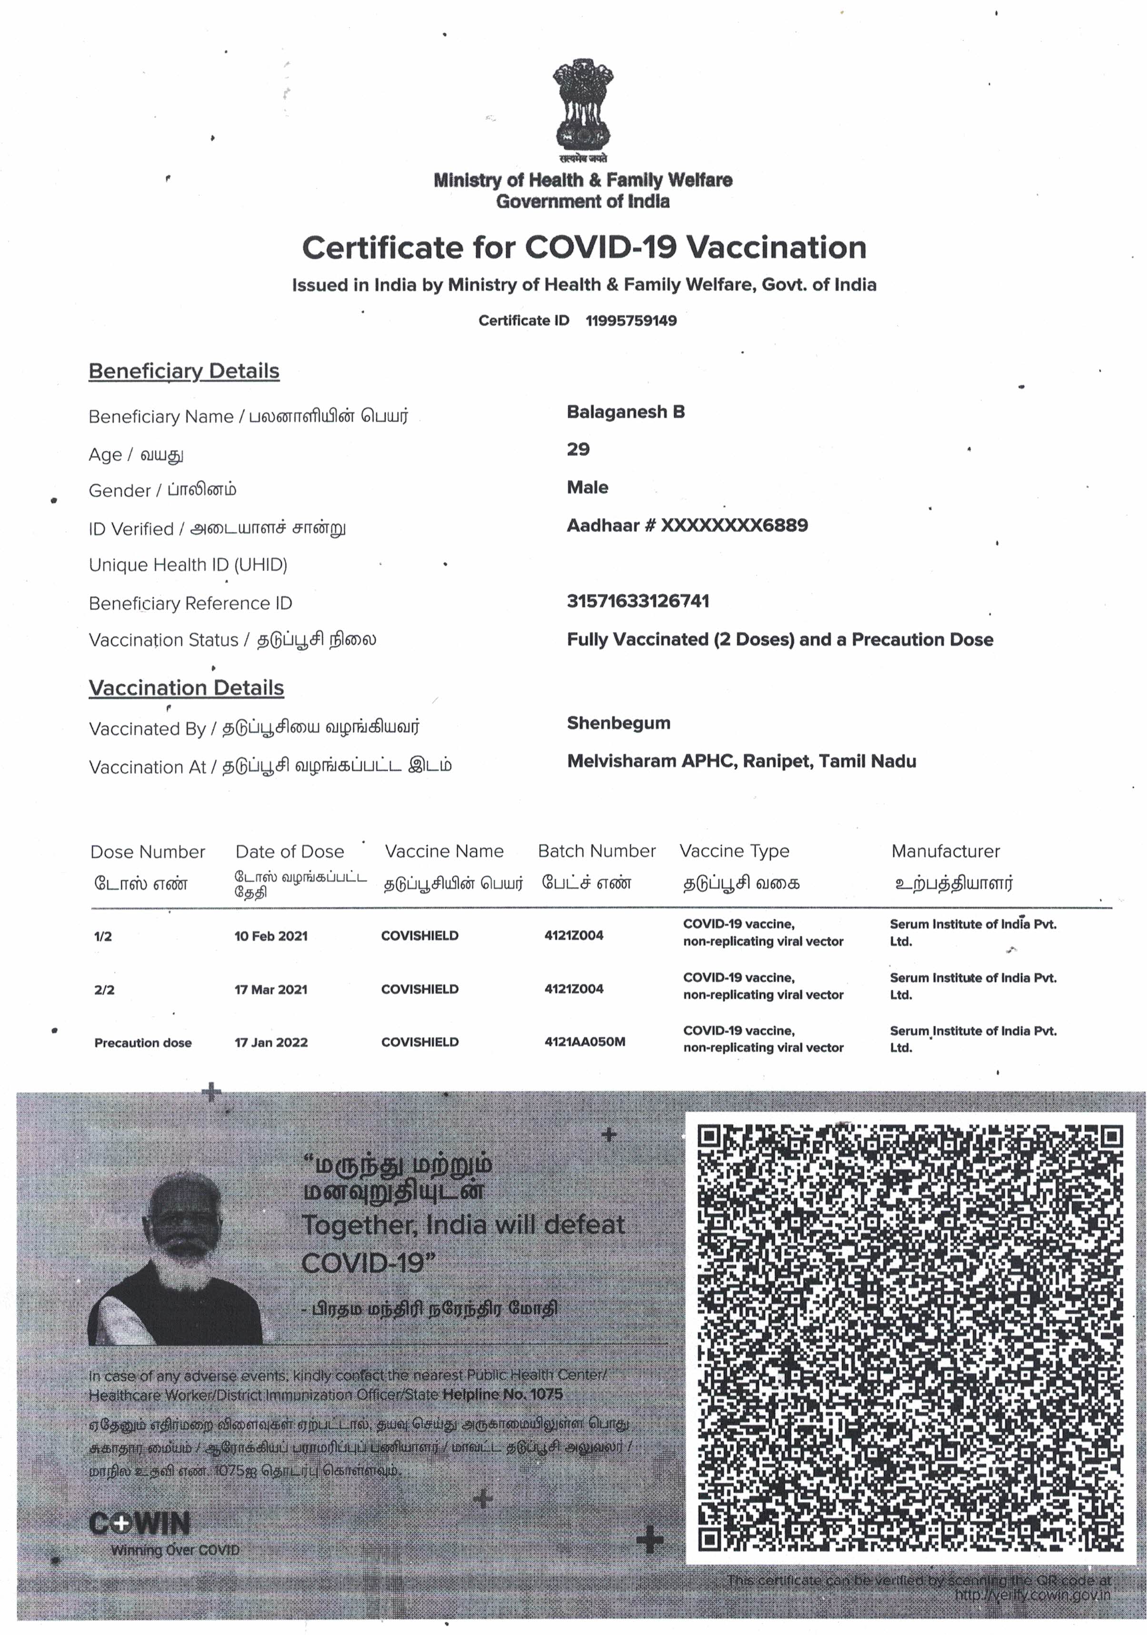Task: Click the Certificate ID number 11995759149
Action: (x=630, y=320)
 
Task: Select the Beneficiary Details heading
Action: (x=184, y=371)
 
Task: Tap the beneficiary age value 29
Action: (x=578, y=449)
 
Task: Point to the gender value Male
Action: (x=587, y=488)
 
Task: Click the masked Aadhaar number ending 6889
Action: (x=734, y=525)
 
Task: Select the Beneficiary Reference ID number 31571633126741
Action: (x=638, y=601)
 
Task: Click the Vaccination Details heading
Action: (x=186, y=688)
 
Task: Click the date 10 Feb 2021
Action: (x=271, y=936)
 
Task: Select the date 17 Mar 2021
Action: (x=271, y=989)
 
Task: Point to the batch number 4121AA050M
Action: (x=584, y=1042)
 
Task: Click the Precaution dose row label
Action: (x=142, y=1043)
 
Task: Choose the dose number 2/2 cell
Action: (x=104, y=990)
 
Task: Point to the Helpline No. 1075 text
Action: (x=502, y=1394)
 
